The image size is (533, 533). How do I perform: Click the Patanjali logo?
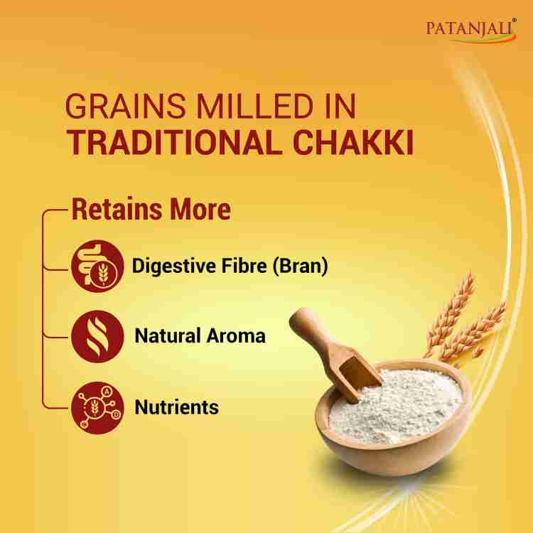point(472,29)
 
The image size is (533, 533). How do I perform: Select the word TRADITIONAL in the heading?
point(168,141)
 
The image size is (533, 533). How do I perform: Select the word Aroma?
point(237,335)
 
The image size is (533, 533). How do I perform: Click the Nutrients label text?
point(176,407)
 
